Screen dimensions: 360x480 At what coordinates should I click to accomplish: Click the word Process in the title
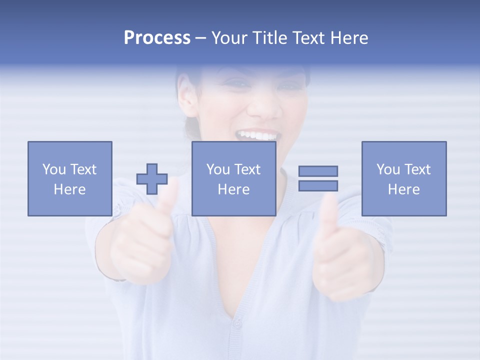pyautogui.click(x=157, y=38)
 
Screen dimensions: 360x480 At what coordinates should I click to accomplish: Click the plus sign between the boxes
pyautogui.click(x=152, y=179)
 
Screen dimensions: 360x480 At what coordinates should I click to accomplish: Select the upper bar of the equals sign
pyautogui.click(x=318, y=171)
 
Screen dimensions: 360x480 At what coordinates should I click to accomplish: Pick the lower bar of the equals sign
pyautogui.click(x=318, y=186)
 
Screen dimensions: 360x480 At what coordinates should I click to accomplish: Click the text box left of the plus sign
pyautogui.click(x=69, y=178)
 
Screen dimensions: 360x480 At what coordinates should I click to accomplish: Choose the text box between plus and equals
pyautogui.click(x=233, y=178)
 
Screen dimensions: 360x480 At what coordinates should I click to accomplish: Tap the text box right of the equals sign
pyautogui.click(x=403, y=178)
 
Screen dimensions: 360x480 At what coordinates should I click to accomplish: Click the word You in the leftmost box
pyautogui.click(x=53, y=169)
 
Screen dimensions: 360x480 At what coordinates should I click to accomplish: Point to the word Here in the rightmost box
pyautogui.click(x=403, y=189)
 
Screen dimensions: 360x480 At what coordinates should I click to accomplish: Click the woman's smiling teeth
pyautogui.click(x=258, y=135)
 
